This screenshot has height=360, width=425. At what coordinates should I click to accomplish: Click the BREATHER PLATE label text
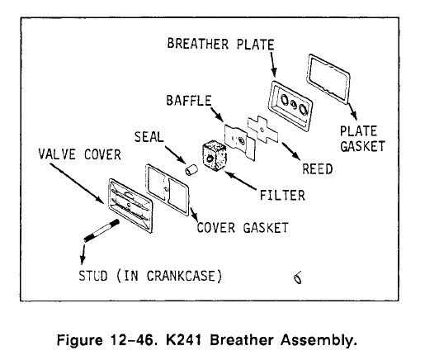[x=220, y=44]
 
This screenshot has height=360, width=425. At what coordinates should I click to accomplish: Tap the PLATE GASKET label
[x=362, y=139]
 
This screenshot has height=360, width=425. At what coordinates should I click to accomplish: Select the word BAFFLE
[x=189, y=101]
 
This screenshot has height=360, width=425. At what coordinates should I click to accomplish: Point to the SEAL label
[x=149, y=137]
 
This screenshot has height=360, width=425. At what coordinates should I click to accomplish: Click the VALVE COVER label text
[x=80, y=154]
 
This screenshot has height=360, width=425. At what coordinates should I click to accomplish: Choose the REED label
[x=318, y=169]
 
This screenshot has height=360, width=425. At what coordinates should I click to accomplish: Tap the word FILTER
[x=282, y=196]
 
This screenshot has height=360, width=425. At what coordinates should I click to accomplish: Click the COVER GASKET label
[x=243, y=228]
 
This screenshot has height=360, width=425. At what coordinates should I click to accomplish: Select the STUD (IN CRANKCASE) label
[x=150, y=276]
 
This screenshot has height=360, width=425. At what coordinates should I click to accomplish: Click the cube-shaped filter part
[x=215, y=156]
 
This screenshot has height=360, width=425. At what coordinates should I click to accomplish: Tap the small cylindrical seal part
[x=191, y=169]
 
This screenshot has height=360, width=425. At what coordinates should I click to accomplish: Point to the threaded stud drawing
[x=102, y=230]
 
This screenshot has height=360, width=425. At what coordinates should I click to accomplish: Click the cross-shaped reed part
[x=262, y=130]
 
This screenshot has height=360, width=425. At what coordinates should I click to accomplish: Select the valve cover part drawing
[x=130, y=205]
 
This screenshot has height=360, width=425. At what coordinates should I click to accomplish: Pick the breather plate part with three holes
[x=290, y=106]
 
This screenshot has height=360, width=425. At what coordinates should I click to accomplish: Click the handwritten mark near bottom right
[x=297, y=277]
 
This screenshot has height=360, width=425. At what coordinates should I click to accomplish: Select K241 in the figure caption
[x=183, y=340]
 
